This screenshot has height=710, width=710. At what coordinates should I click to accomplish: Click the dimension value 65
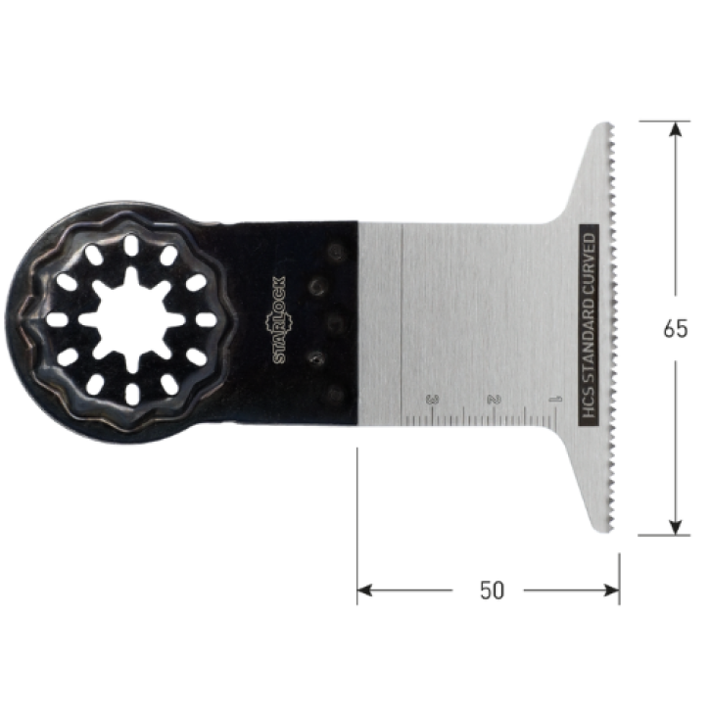(675, 329)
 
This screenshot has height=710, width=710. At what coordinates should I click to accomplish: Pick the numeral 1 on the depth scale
(555, 400)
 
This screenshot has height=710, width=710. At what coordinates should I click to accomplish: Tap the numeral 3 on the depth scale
(432, 400)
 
